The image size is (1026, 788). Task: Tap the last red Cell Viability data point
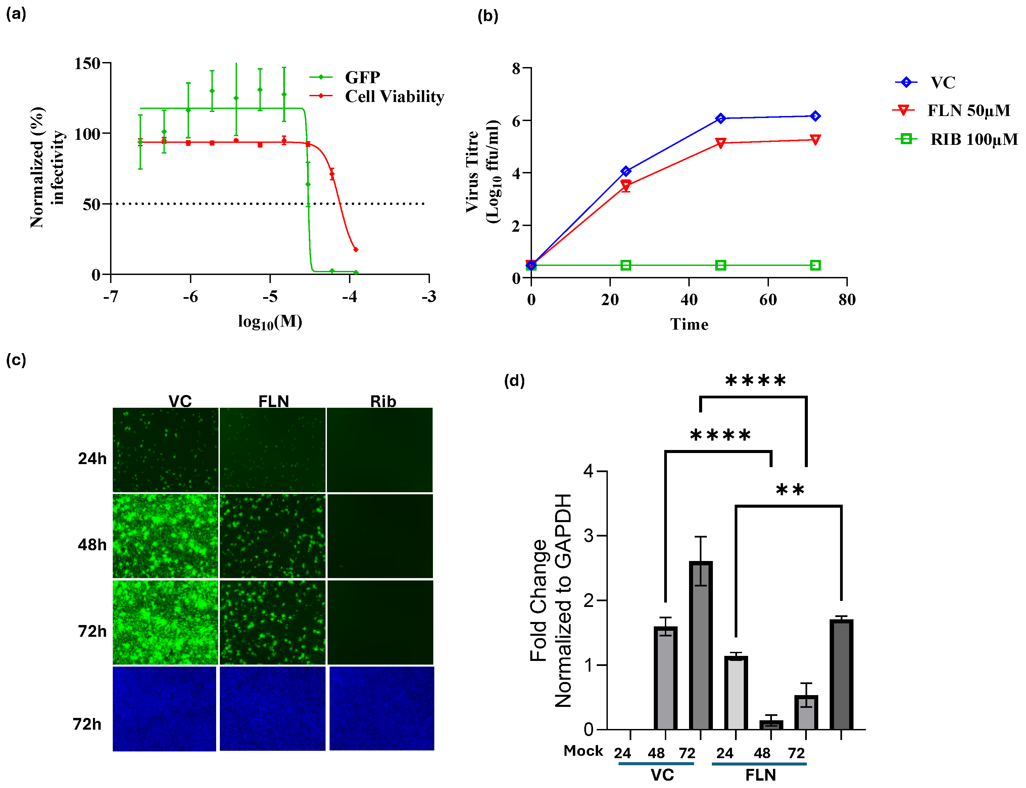tap(355, 249)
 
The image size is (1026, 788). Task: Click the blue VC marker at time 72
tap(815, 116)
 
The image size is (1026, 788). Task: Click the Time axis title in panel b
tap(689, 324)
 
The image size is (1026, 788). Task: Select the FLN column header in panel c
tap(273, 401)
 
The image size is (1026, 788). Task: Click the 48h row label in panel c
tap(92, 545)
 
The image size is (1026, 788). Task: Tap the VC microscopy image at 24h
tap(165, 449)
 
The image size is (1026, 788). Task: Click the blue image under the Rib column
tap(381, 708)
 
